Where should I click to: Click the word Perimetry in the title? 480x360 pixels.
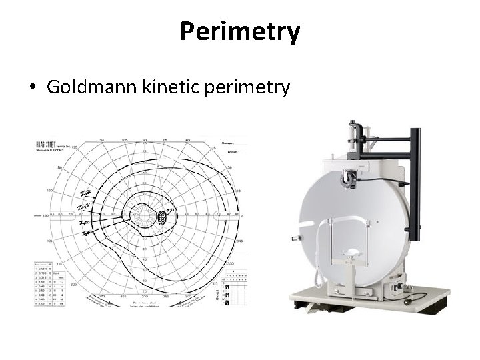[240, 31]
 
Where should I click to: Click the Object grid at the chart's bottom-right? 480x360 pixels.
[234, 287]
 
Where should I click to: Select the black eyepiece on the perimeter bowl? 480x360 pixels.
[348, 179]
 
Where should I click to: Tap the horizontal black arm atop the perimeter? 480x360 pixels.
[387, 139]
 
